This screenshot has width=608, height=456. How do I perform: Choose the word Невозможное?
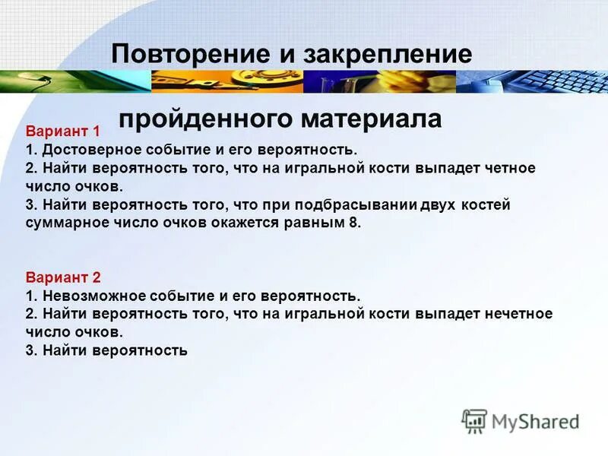[87, 296]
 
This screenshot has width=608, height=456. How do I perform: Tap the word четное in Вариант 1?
[511, 167]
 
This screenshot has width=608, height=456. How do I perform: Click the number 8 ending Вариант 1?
[355, 223]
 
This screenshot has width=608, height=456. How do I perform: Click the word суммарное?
[65, 223]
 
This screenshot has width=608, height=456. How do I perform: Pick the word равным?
[315, 223]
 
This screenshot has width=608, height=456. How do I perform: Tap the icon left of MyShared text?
[474, 420]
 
